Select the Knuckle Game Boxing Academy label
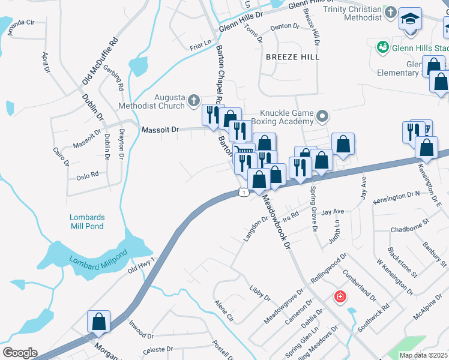point(288,118)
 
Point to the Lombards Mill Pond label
point(87,221)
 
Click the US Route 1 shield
point(243,191)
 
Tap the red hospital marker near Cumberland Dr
point(340,296)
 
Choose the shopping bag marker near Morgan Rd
point(99,322)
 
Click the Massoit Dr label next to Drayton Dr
point(160,130)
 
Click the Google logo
point(20,353)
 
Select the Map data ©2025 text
point(423,355)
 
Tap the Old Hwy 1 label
point(141,265)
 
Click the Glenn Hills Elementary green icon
point(382,46)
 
